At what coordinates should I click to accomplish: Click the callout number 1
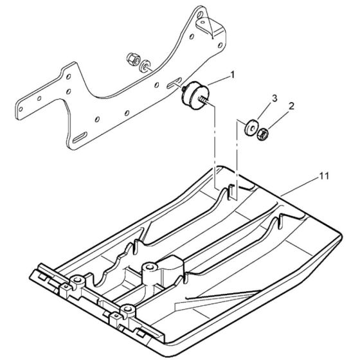pos(233,75)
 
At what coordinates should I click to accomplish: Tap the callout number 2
pos(291,106)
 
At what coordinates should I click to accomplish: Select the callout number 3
pos(274,98)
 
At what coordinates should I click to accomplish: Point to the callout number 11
pos(324,176)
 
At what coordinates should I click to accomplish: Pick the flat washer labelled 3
pos(251,127)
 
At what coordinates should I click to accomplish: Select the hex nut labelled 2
pos(263,134)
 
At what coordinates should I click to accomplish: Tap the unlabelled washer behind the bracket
pos(145,66)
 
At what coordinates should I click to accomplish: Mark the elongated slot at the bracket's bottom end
pos(80,137)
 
